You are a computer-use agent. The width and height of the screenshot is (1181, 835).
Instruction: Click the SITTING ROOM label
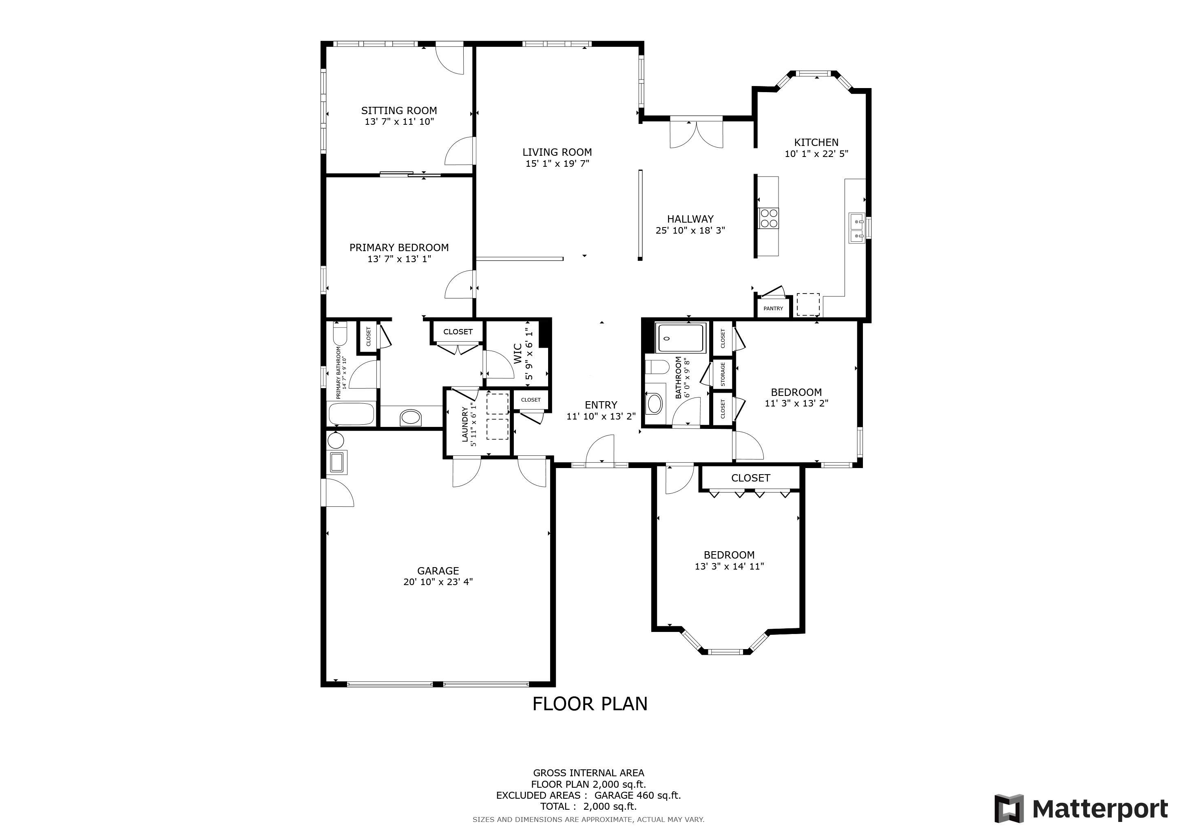(x=399, y=110)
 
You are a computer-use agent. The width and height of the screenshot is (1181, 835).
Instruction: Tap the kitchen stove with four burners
(x=768, y=218)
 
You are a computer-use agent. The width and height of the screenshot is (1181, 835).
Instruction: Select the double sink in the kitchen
(x=856, y=228)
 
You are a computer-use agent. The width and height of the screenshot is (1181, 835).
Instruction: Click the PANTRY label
(x=773, y=309)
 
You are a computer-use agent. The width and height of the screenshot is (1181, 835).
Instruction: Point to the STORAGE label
(x=723, y=374)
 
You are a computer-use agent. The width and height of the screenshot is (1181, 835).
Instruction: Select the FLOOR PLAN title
(x=590, y=704)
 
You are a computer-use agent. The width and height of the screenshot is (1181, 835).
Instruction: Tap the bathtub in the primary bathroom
(x=351, y=414)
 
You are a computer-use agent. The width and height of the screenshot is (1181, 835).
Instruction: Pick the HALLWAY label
(x=690, y=219)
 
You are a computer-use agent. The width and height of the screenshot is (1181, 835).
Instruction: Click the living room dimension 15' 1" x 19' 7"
(x=557, y=163)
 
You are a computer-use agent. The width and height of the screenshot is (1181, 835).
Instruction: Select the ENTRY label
(x=601, y=405)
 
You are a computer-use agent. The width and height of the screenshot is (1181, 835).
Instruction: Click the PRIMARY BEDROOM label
(x=399, y=248)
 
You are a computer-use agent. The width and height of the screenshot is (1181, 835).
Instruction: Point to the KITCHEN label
(x=816, y=142)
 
